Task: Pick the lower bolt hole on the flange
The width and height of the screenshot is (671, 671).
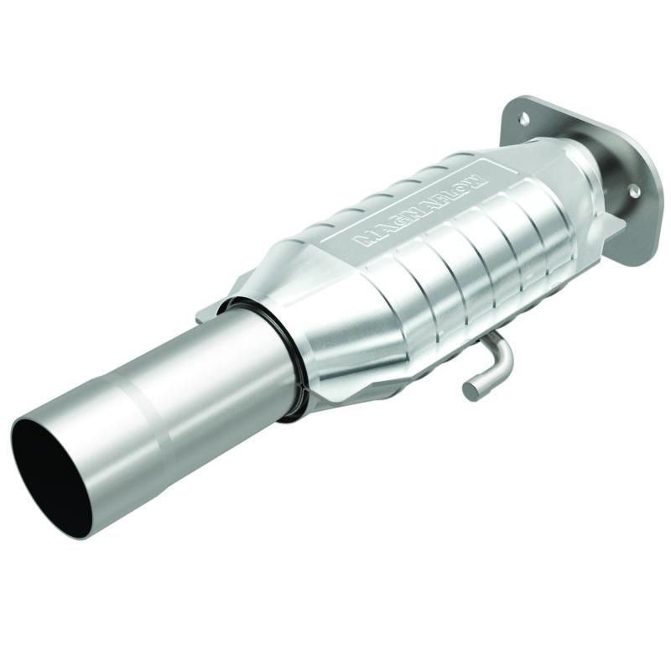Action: pyautogui.click(x=635, y=191)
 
